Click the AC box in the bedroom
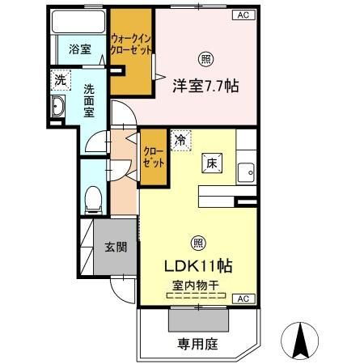242,15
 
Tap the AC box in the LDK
241,299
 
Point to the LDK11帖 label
200,265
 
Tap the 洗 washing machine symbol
59,80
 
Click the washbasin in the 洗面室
58,108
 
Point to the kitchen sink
246,171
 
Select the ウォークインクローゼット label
132,44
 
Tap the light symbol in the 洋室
205,58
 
